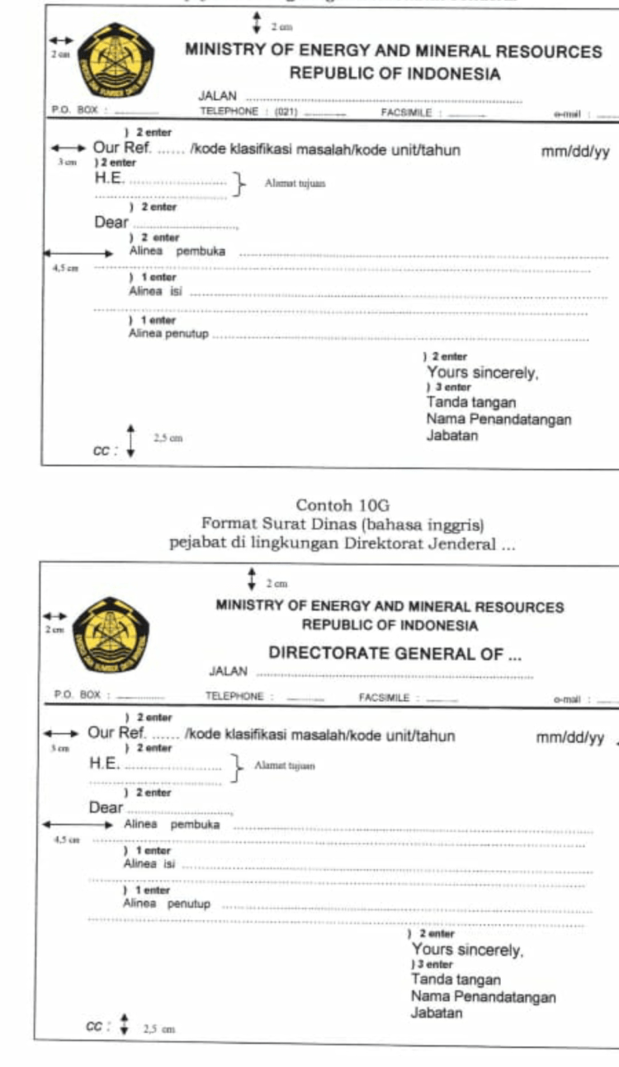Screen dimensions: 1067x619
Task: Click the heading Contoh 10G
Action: coord(342,505)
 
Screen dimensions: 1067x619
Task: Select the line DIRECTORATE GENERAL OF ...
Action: coord(395,654)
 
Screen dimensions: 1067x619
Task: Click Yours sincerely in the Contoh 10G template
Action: coord(467,950)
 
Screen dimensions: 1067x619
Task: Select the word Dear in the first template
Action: coord(111,223)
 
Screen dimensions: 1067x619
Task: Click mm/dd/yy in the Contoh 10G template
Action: coord(570,738)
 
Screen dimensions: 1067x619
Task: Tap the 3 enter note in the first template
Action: coord(449,388)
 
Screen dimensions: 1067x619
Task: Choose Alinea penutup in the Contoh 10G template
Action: coord(166,904)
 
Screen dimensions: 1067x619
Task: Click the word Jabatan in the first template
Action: coord(451,435)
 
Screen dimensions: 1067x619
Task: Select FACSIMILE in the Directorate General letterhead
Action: coord(385,698)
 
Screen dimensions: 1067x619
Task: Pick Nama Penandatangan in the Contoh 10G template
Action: coord(483,998)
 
